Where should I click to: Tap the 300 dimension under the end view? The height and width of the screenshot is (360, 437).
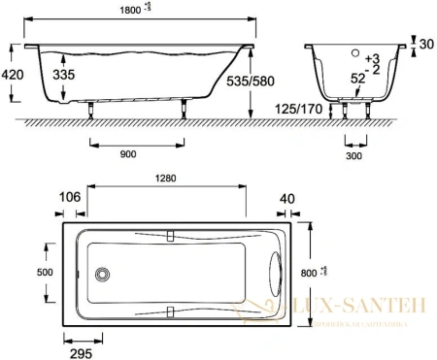point(358,154)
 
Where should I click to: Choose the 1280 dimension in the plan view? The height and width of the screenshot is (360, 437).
point(166,178)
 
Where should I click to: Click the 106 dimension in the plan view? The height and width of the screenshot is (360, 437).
point(72,198)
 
